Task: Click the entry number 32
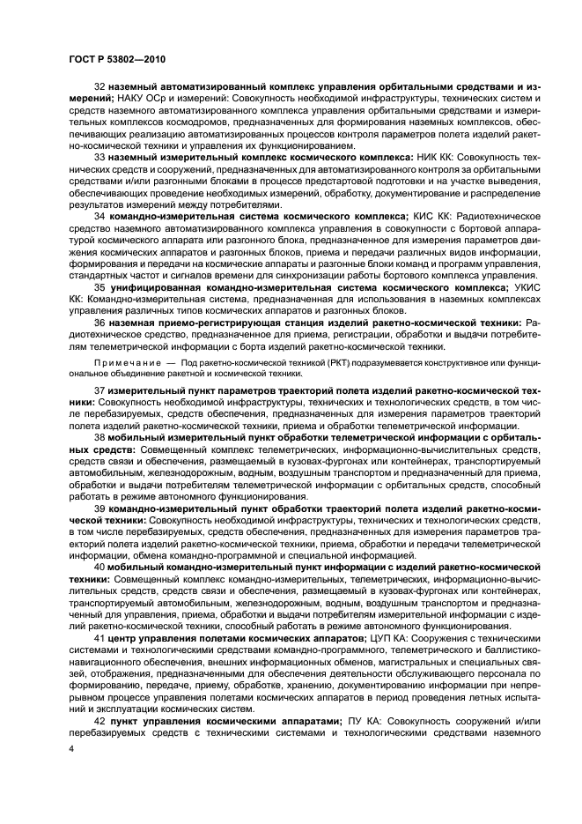[x=99, y=88]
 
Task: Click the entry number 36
[x=99, y=323]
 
